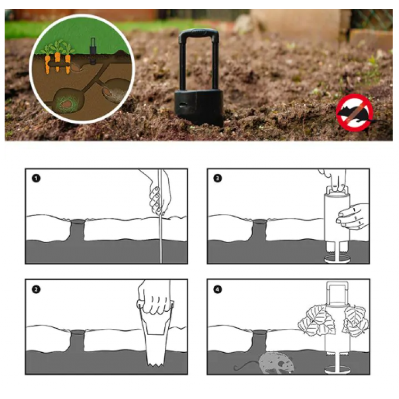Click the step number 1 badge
coord(36,178)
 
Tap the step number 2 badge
coord(36,289)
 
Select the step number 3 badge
coord(217,178)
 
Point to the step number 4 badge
coord(217,289)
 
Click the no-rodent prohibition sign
coord(355,113)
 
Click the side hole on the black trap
coord(182,105)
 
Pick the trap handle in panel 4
coord(337,293)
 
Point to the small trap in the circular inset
coord(93,51)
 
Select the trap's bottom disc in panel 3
coord(337,260)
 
